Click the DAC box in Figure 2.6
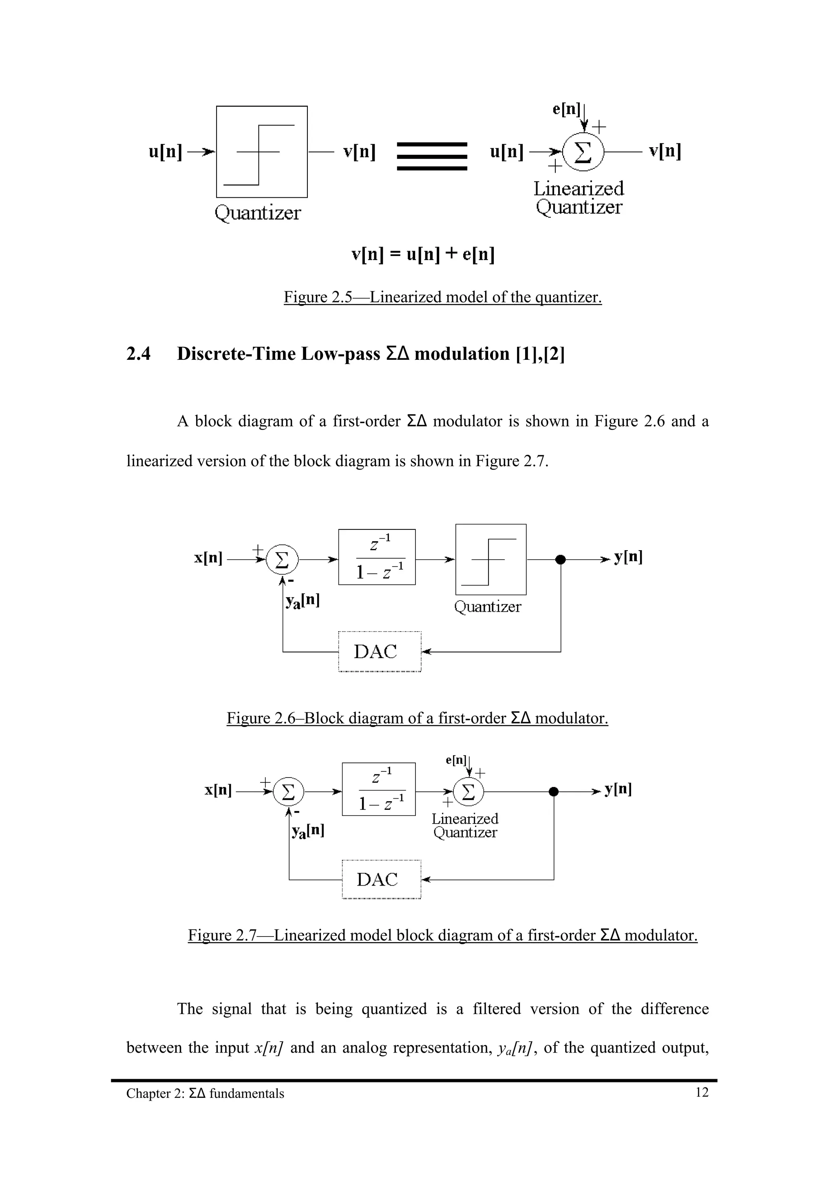(380, 651)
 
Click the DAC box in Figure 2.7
(381, 879)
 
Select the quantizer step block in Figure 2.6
(491, 559)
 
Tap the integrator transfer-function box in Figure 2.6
(377, 557)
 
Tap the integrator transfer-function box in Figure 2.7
(379, 789)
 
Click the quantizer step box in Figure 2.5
(261, 152)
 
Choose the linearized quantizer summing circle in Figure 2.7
(468, 792)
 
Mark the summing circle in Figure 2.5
(583, 152)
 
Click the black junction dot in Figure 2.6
(561, 559)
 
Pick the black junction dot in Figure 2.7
(554, 792)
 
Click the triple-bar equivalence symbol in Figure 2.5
(432, 156)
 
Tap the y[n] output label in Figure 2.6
(628, 557)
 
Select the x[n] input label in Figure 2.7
(218, 789)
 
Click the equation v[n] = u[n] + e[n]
(423, 254)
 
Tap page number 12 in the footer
(702, 1092)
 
